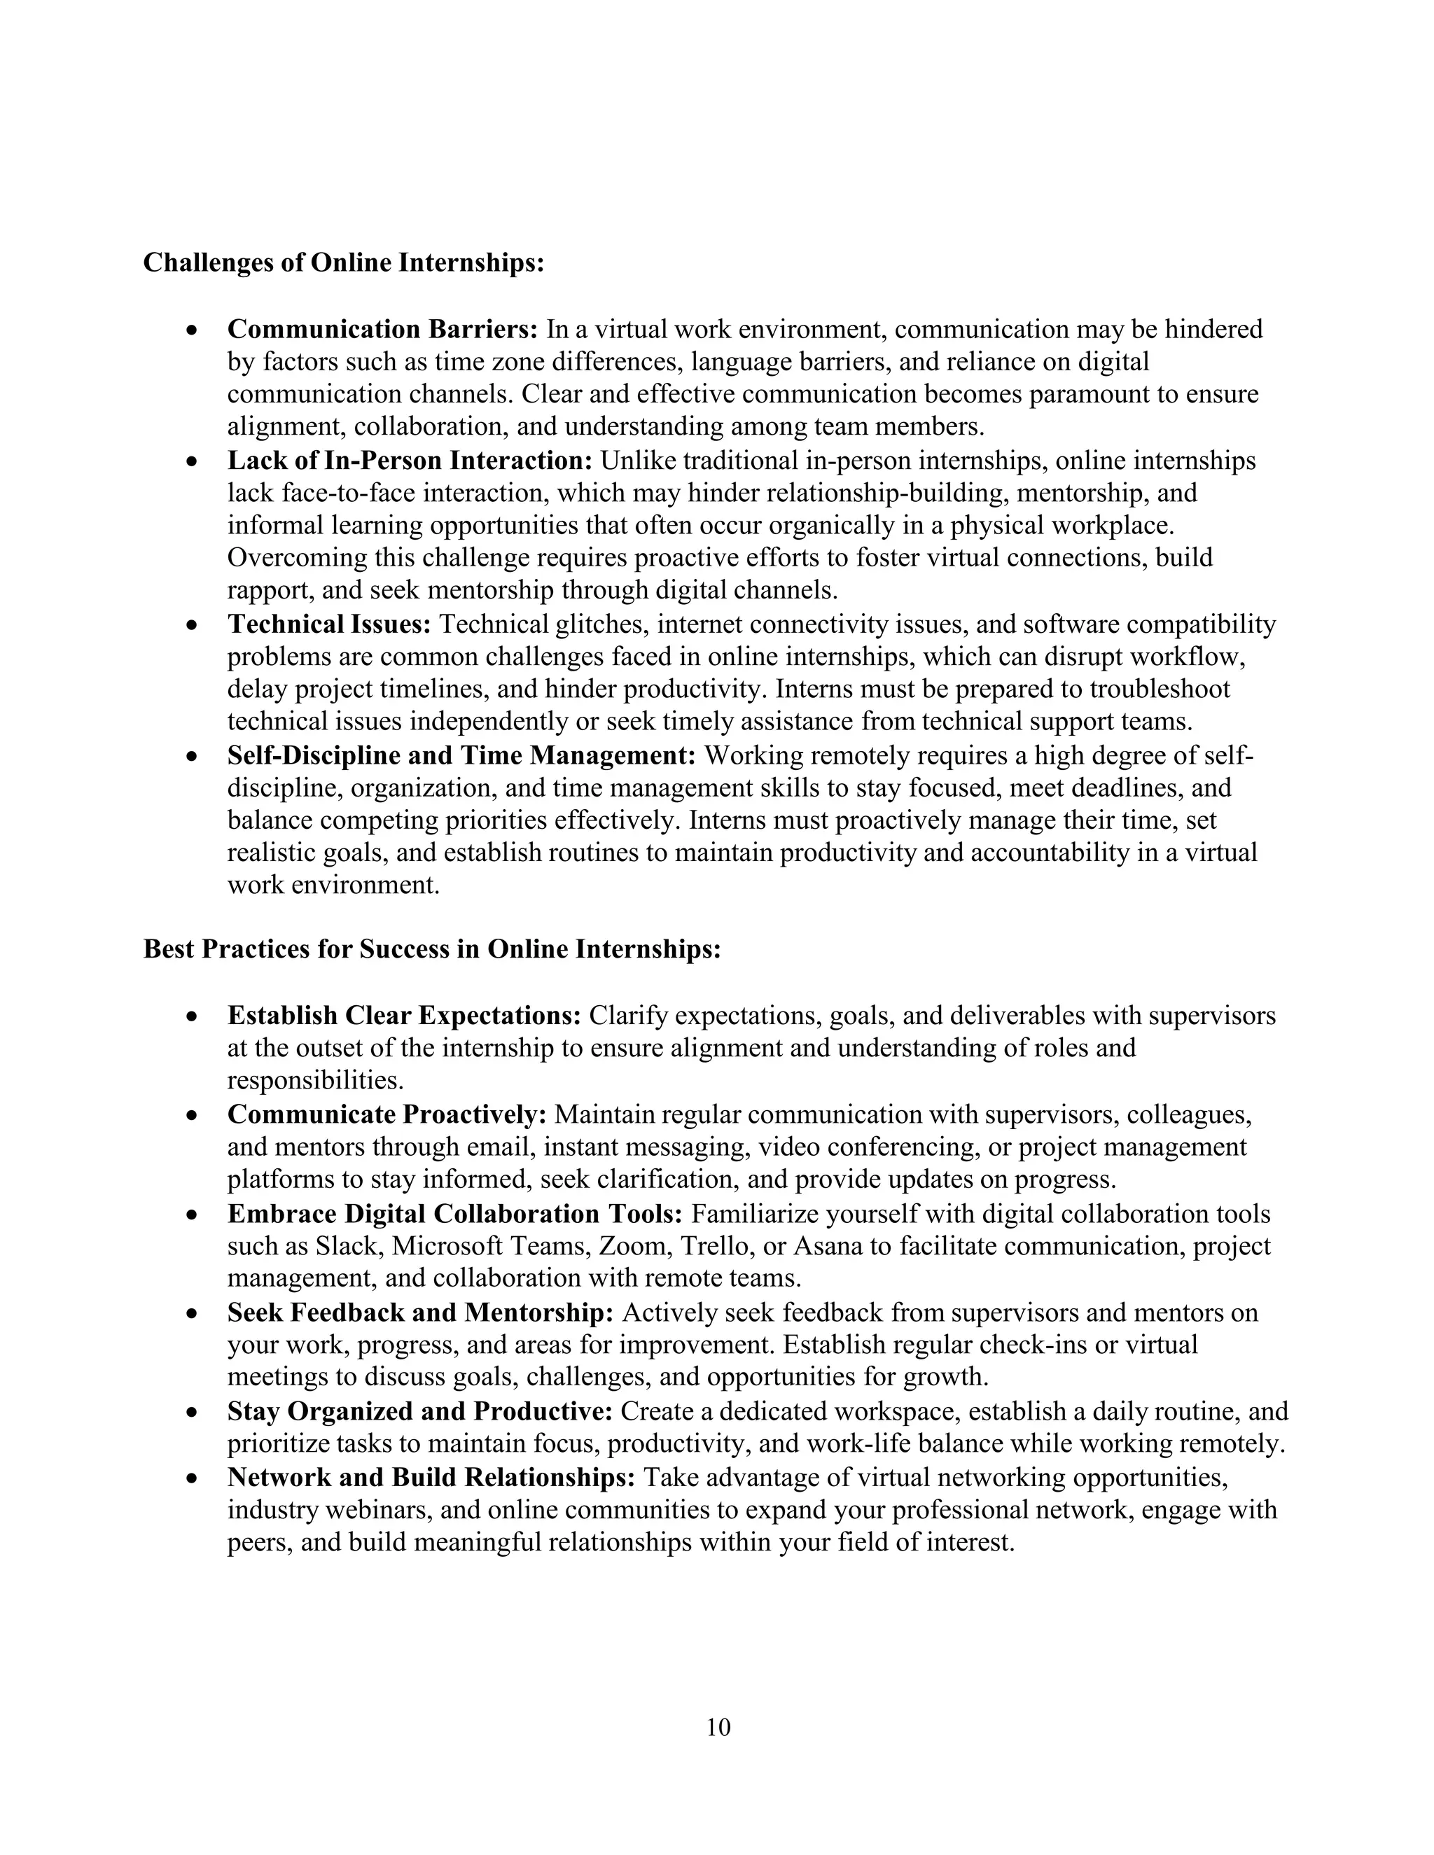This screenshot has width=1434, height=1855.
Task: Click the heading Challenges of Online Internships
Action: click(x=343, y=263)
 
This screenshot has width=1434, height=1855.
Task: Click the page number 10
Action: click(x=718, y=1728)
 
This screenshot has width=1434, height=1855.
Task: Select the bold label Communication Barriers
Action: click(x=382, y=329)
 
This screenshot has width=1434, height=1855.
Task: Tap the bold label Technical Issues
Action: click(x=329, y=624)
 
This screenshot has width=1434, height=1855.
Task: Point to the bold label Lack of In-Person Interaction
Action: click(x=410, y=461)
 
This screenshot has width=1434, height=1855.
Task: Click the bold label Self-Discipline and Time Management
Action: click(x=461, y=755)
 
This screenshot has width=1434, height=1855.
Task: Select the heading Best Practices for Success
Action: click(x=431, y=948)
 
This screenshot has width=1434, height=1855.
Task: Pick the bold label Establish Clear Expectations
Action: click(x=403, y=1015)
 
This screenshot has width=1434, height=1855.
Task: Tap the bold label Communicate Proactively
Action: click(x=387, y=1114)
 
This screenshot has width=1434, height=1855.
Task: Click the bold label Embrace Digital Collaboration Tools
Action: click(x=454, y=1214)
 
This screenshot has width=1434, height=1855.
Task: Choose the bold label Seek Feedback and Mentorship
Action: click(x=419, y=1312)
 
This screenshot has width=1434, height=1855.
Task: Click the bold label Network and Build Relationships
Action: click(x=431, y=1477)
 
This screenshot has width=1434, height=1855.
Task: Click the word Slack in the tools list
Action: click(x=346, y=1246)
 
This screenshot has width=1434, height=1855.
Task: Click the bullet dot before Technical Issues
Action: click(x=194, y=626)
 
